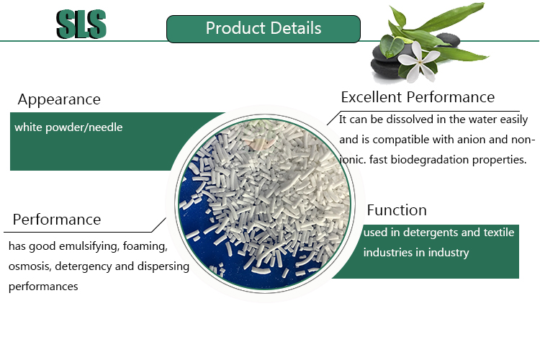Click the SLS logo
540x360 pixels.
81,24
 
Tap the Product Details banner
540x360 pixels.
263,29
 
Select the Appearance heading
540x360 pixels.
59,99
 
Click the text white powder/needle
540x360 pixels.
68,127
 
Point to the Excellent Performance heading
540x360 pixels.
418,97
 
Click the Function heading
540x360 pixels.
397,210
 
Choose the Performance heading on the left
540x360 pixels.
57,219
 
